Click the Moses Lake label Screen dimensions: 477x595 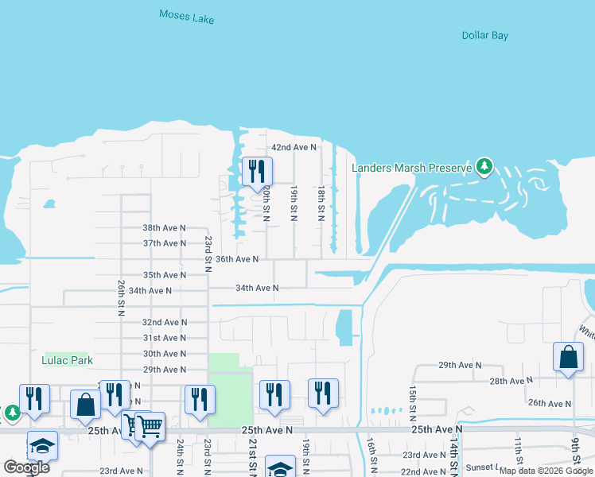[186, 16]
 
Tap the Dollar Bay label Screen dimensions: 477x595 [484, 35]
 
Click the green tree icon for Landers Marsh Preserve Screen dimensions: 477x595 [484, 167]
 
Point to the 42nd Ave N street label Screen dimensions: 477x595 [294, 148]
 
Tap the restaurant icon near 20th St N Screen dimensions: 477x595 [257, 171]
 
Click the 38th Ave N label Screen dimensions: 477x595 [164, 227]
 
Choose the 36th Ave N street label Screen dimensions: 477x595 [237, 259]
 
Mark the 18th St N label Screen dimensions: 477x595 [321, 204]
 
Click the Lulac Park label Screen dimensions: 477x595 [67, 360]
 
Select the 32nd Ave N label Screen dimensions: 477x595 [164, 323]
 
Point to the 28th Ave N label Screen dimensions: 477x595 [510, 382]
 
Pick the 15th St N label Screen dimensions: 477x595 [412, 404]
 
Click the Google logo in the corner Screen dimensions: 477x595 [26, 467]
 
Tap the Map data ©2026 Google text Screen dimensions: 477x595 [546, 471]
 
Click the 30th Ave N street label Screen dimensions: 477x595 [164, 354]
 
